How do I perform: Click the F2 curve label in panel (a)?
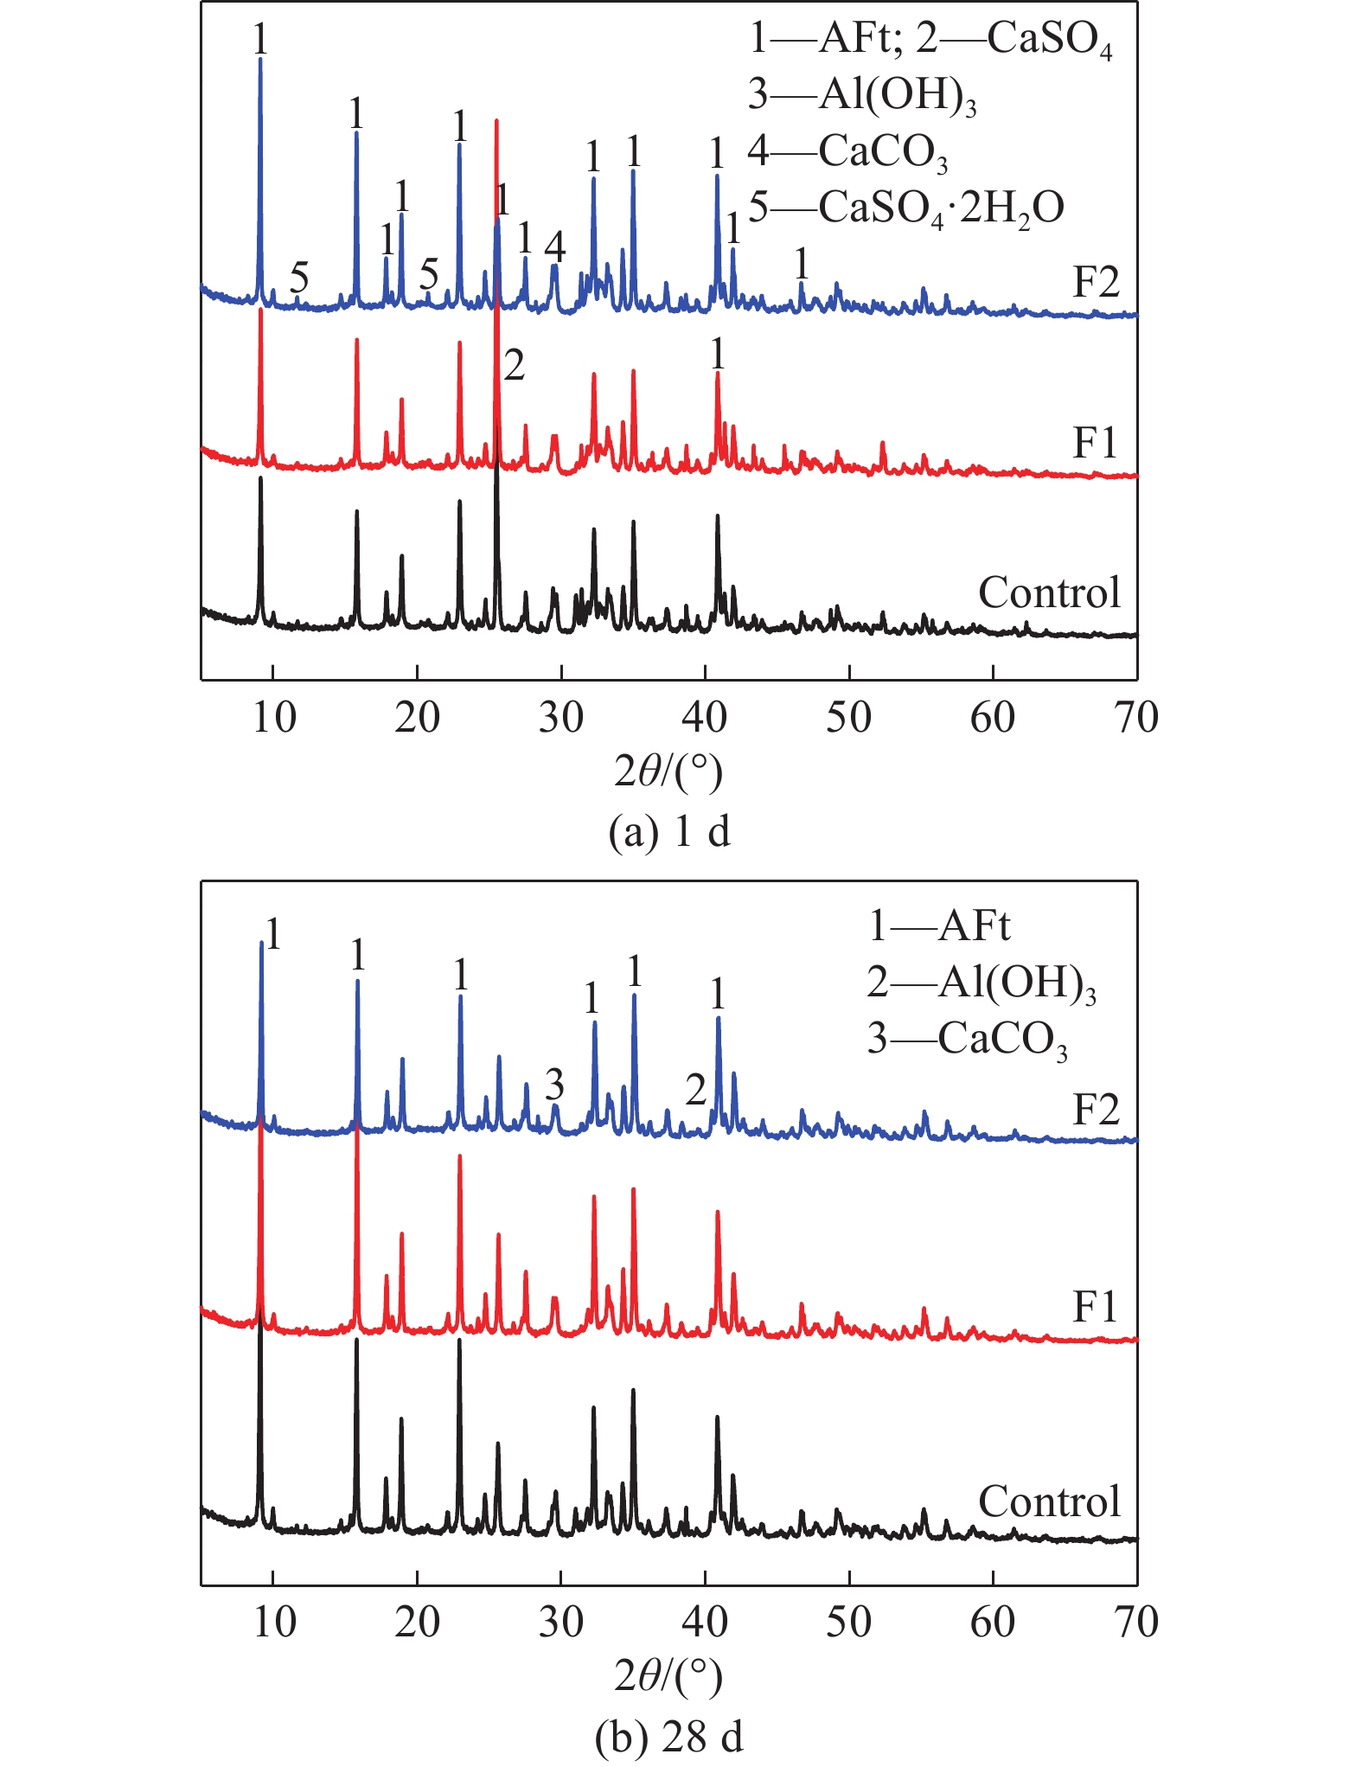[1096, 283]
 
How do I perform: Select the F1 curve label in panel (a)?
[1095, 444]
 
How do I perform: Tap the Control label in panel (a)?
[1049, 593]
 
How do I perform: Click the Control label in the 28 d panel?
[1049, 1502]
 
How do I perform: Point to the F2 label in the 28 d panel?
[1096, 1110]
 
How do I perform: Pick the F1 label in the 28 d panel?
[1095, 1307]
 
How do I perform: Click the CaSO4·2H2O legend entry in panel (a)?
[905, 208]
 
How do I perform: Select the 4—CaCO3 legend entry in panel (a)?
[847, 152]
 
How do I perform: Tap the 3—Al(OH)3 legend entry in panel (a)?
[862, 95]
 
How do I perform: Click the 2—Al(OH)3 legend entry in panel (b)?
[982, 983]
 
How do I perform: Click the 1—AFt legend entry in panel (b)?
[938, 926]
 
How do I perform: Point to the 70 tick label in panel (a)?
[1136, 718]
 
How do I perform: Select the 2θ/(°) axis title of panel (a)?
[668, 771]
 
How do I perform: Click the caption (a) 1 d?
[669, 831]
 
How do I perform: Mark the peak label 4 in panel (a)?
[554, 247]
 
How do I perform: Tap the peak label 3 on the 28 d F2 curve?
[554, 1084]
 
